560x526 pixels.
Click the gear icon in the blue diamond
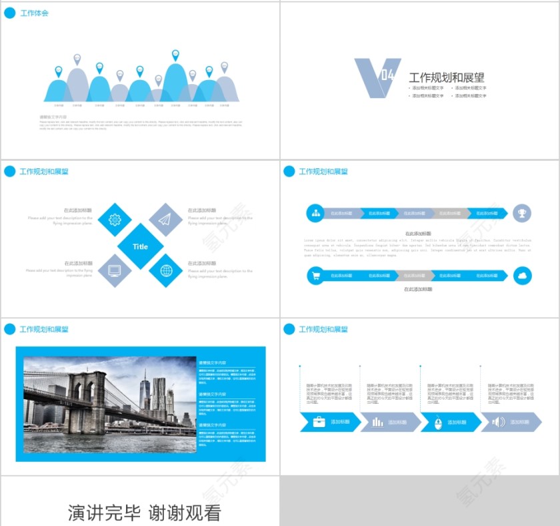click(x=115, y=220)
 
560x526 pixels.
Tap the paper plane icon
click(x=165, y=220)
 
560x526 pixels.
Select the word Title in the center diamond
click(x=140, y=246)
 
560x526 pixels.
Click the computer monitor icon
click(x=115, y=271)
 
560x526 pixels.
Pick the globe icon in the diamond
click(x=165, y=271)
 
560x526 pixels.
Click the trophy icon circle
click(x=522, y=213)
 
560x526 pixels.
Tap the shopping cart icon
click(x=315, y=276)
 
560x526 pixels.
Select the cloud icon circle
click(x=522, y=276)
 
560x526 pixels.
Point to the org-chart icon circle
click(x=315, y=213)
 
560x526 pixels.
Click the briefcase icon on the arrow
click(x=319, y=422)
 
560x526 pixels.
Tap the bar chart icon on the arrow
click(x=377, y=422)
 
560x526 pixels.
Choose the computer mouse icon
click(x=438, y=422)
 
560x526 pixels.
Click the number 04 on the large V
click(x=389, y=75)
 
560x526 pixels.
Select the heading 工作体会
click(x=35, y=13)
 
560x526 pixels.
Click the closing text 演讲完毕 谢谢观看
click(x=144, y=513)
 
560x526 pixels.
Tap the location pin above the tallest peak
click(x=175, y=54)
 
